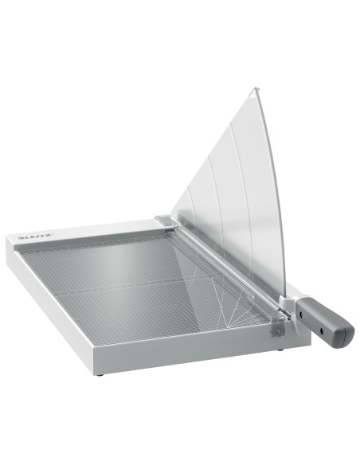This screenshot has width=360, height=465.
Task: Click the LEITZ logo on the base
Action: pyautogui.click(x=35, y=236)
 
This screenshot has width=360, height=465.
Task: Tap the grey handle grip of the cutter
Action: pyautogui.click(x=325, y=321)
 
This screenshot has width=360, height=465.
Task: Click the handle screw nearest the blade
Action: pyautogui.click(x=301, y=312)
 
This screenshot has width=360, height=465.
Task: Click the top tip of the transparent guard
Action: pyautogui.click(x=256, y=88)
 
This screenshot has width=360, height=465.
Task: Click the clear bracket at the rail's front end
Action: pyautogui.click(x=277, y=326)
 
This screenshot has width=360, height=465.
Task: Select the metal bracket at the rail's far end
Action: pyautogui.click(x=166, y=221)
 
